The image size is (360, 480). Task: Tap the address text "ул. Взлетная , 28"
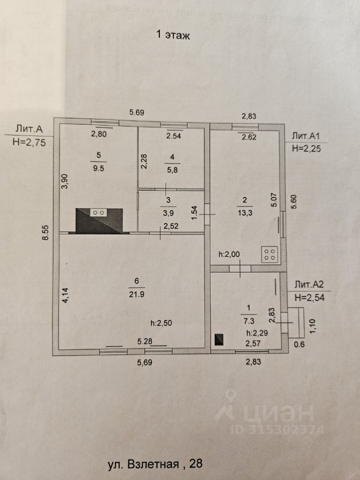155,464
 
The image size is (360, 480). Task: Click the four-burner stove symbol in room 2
270,254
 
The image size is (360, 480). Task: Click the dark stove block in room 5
99,220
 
